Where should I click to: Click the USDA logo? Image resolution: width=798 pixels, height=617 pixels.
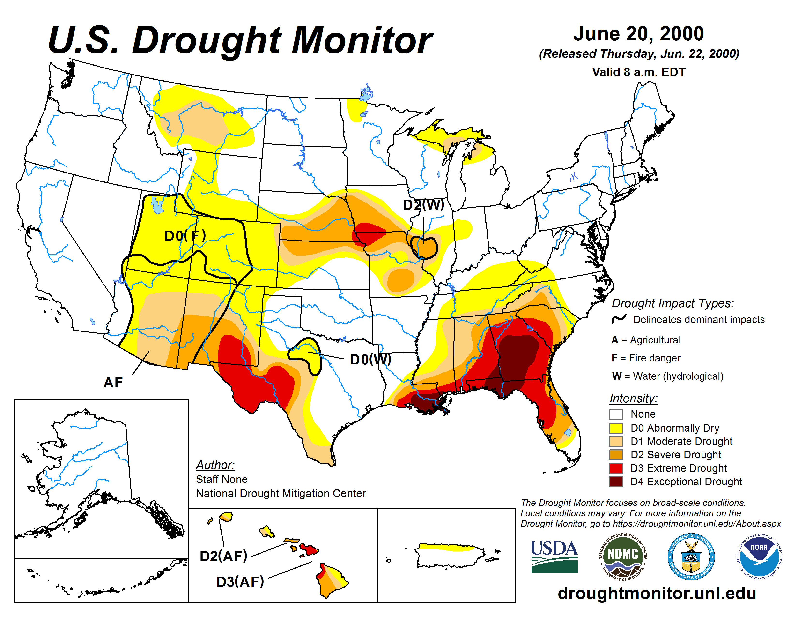tap(554, 556)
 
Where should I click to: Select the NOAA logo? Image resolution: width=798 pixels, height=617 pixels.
tap(759, 556)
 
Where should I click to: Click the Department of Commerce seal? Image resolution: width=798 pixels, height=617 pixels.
tap(691, 556)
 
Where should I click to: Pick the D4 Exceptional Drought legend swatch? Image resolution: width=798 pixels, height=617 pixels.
tap(616, 482)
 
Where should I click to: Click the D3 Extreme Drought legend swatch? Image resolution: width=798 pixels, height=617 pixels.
tap(616, 468)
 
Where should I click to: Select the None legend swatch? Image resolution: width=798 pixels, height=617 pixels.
tap(616, 414)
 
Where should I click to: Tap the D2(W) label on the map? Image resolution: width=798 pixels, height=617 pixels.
tap(423, 205)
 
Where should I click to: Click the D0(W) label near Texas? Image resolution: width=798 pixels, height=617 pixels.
tap(370, 359)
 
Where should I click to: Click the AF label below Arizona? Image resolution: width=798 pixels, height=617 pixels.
tap(113, 382)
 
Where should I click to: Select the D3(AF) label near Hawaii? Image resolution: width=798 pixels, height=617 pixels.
tap(240, 581)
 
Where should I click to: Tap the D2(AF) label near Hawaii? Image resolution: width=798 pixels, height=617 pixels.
tap(223, 556)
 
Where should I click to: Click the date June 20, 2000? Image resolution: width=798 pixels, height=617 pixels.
tap(638, 34)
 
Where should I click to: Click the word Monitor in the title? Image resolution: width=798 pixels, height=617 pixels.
tap(362, 40)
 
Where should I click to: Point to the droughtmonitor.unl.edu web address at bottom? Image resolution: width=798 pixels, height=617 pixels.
tap(657, 593)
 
